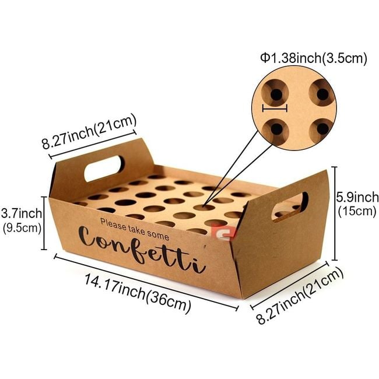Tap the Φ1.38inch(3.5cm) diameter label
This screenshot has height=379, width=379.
313,58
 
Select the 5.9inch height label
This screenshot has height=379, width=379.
357,197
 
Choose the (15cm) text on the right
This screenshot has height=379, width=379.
357,211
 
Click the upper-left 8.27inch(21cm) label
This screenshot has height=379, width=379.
89,133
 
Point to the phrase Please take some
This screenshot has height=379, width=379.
134,229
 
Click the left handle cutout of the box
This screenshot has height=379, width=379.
103,169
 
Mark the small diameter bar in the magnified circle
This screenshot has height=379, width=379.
275,108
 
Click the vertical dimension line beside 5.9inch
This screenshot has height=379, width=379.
335,213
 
